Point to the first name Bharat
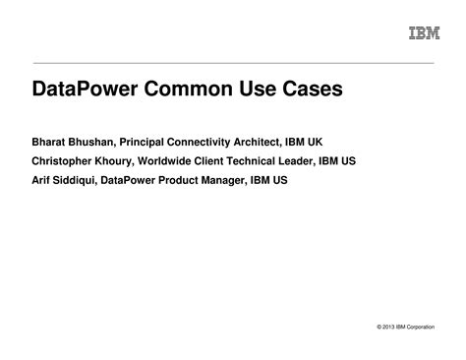coord(52,141)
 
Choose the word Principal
coord(150,141)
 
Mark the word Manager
coord(259,180)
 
